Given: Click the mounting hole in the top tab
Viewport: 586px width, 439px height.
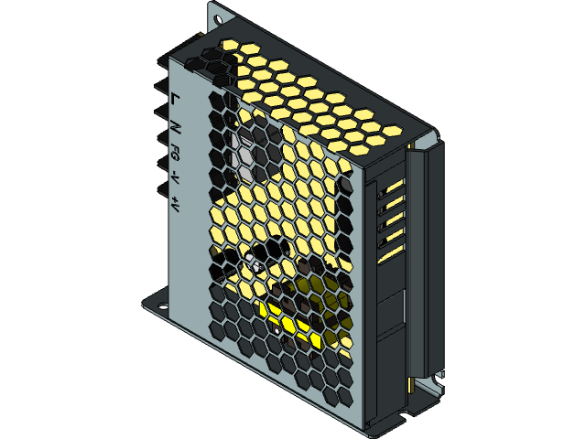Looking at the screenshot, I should [x=217, y=16].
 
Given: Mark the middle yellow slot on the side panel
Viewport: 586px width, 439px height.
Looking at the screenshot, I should [x=393, y=219].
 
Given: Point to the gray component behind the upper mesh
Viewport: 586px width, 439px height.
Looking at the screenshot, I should [x=245, y=155].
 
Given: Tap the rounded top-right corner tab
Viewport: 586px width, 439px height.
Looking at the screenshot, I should [x=429, y=139].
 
